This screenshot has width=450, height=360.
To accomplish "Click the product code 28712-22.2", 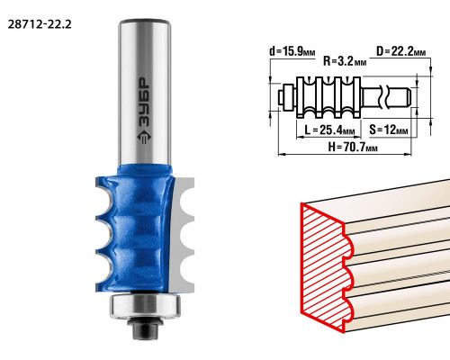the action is [x=40, y=24].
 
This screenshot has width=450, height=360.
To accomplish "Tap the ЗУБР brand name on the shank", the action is [x=144, y=103].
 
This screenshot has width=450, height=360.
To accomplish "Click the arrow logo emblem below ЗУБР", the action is [x=144, y=137].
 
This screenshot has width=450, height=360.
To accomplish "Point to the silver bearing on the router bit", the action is [x=145, y=306].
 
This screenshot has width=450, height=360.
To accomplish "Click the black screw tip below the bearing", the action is [x=145, y=328].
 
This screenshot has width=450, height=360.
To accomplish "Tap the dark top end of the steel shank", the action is [x=145, y=22].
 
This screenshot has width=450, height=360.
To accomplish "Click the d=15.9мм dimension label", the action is [x=292, y=51].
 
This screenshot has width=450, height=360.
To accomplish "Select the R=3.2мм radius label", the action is [x=345, y=61].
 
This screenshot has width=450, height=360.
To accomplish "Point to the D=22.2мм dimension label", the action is [x=401, y=51].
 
